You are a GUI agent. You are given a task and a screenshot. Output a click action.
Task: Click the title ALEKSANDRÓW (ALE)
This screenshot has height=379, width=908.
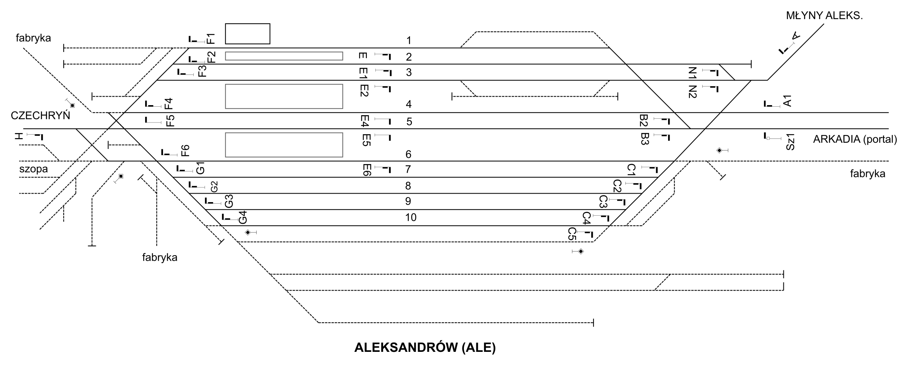pos(425,348)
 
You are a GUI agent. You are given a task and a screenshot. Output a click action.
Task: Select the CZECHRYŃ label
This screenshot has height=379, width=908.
pos(40,116)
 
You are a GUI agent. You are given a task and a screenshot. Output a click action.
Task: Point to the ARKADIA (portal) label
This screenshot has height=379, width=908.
pos(855,139)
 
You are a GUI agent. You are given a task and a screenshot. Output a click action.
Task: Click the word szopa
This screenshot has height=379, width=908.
pos(34,169)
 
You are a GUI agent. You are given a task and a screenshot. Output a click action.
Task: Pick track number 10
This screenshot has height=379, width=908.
pos(410,218)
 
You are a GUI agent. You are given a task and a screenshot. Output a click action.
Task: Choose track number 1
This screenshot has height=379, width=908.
pos(408,40)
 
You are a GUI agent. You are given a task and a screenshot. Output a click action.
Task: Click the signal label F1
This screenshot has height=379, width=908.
pos(211,39)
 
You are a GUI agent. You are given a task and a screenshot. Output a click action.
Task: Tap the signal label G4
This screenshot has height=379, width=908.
pos(243,217)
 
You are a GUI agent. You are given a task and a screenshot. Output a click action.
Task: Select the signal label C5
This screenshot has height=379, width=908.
pos(572,234)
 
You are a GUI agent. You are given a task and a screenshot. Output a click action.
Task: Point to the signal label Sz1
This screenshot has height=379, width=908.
pos(791,142)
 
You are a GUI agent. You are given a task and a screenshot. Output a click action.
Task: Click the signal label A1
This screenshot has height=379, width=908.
pos(787,101)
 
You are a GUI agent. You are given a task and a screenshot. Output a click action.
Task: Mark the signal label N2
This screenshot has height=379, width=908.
pos(693,92)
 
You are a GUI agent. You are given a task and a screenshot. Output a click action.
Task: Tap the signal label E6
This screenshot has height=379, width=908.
pos(366,170)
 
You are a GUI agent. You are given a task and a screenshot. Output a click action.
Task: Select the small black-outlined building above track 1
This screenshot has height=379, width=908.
pos(248,34)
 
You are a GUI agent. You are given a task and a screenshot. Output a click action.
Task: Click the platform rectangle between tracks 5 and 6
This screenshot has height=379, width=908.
pos(284,145)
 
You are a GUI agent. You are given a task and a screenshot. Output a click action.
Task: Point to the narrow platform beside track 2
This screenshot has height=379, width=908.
pos(284,56)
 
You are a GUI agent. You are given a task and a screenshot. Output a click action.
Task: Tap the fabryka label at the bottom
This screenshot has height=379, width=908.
pos(160,258)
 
